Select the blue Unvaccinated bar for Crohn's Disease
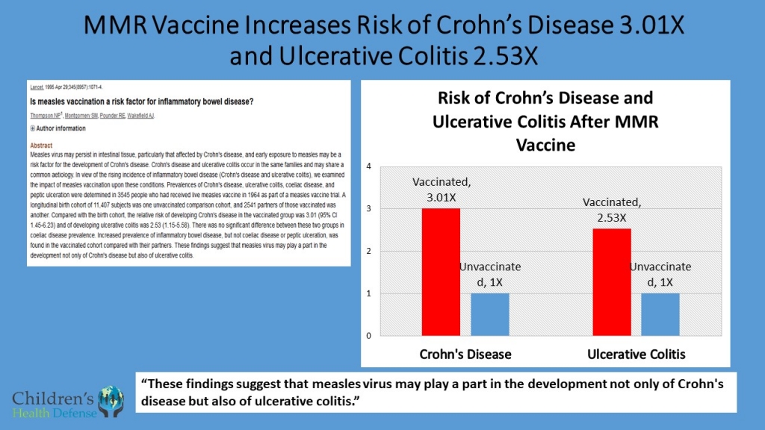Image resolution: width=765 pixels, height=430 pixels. tap(490, 314)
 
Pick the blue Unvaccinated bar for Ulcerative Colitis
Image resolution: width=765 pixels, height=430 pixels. tap(661, 314)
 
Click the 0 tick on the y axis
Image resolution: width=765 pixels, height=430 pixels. tap(368, 336)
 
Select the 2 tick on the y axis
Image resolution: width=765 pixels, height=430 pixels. tap(368, 251)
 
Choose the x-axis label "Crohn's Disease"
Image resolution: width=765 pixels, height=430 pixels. tap(466, 353)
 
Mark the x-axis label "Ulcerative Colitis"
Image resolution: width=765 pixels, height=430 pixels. tap(635, 353)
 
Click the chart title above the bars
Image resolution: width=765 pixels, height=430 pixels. tap(545, 121)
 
